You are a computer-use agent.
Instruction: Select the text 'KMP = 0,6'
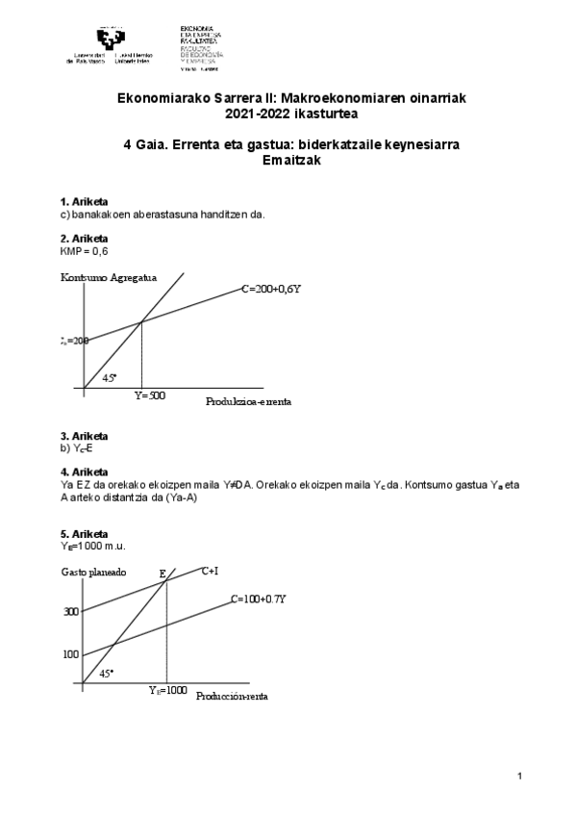pyautogui.click(x=85, y=250)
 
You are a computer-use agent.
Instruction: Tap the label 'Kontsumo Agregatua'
pyautogui.click(x=108, y=277)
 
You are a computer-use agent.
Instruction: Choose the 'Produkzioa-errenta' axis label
pyautogui.click(x=248, y=401)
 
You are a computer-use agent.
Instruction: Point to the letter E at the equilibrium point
pyautogui.click(x=163, y=574)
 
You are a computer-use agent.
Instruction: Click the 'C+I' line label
pyautogui.click(x=210, y=571)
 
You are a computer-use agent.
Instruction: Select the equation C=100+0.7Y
pyautogui.click(x=259, y=599)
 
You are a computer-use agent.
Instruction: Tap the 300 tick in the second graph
pyautogui.click(x=71, y=612)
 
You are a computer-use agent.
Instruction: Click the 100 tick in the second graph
pyautogui.click(x=71, y=655)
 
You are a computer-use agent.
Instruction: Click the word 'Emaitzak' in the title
pyautogui.click(x=288, y=161)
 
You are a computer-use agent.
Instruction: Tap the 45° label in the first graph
pyautogui.click(x=110, y=378)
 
